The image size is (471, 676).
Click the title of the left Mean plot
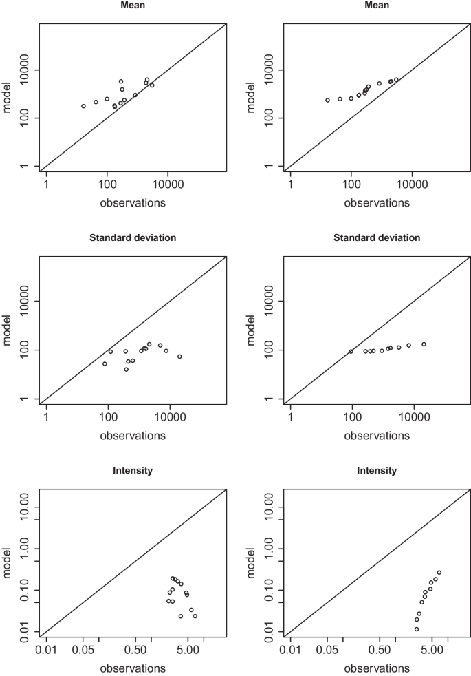pos(133,5)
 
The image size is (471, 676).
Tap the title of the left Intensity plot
pos(133,471)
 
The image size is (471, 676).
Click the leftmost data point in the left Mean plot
pos(83,106)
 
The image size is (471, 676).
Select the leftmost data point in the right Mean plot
pos(327,100)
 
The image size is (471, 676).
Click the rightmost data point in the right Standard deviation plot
pos(424,344)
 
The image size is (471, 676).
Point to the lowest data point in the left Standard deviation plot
pos(126,370)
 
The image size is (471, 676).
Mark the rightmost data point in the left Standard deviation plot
pos(179,357)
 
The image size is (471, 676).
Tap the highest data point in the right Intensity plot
pos(439,573)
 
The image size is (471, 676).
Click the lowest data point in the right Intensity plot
pos(416,629)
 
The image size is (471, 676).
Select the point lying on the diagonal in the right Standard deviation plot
pos(351,352)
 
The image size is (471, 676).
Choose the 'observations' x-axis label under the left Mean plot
pos(133,203)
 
